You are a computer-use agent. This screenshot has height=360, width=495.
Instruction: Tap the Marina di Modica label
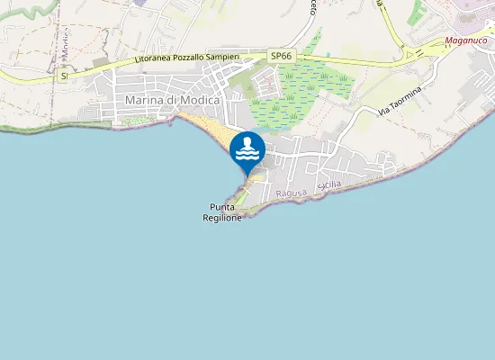click(x=173, y=100)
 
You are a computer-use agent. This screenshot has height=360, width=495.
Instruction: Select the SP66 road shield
click(x=282, y=56)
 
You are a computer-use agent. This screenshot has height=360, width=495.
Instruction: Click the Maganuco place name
click(x=465, y=40)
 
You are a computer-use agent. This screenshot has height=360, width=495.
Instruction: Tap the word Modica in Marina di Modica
click(x=200, y=100)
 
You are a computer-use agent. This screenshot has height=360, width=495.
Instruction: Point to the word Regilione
click(x=221, y=218)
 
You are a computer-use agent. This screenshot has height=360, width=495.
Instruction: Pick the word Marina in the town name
click(x=144, y=100)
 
